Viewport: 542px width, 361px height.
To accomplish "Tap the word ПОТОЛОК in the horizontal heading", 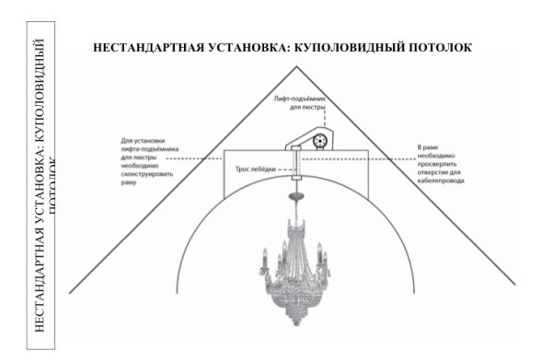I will [437, 45].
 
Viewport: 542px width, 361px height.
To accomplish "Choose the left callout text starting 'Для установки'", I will [137, 162].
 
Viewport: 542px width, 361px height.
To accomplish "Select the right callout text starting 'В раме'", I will [441, 164].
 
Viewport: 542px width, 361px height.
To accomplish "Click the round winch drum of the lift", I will [319, 141].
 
